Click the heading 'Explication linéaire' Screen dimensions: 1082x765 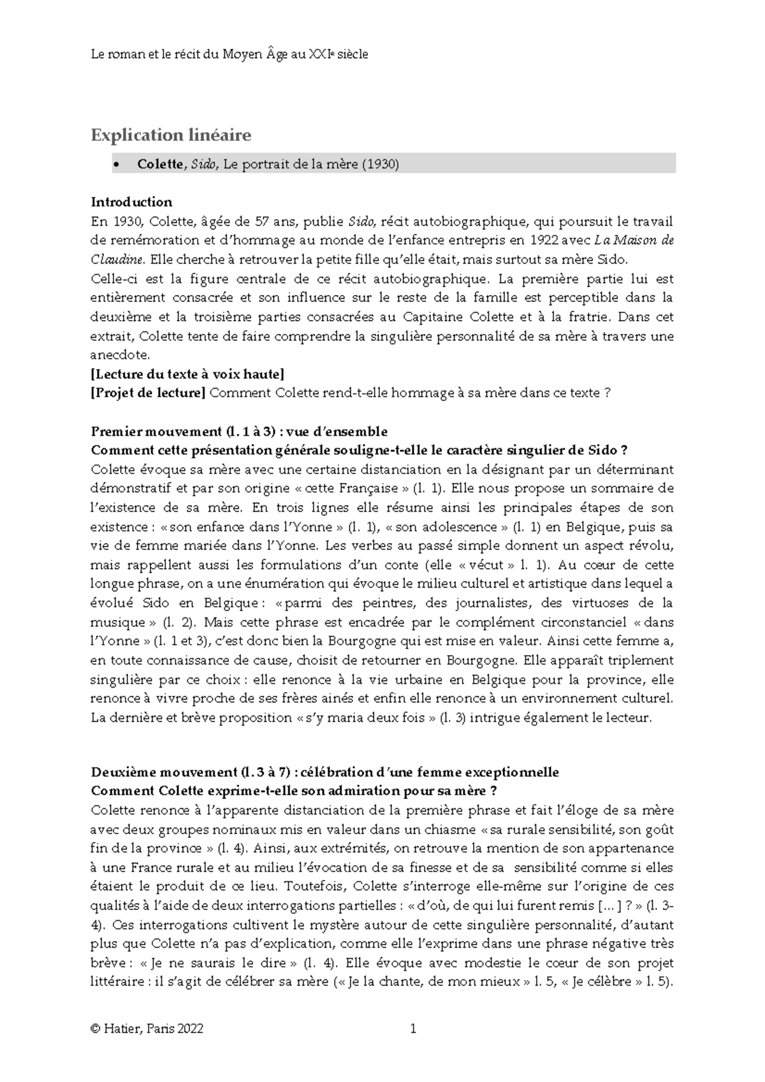tap(171, 135)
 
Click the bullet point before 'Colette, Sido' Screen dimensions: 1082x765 tap(115, 165)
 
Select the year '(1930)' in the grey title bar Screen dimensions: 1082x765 tap(380, 164)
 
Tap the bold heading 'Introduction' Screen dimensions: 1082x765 tap(131, 202)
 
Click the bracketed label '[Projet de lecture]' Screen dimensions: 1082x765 tap(148, 393)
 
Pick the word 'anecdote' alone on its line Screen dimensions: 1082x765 tap(120, 355)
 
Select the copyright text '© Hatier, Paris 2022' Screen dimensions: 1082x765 tap(147, 1028)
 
